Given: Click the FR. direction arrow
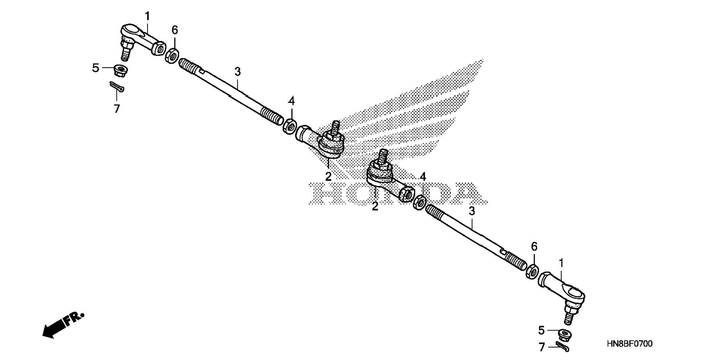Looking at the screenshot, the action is (x=62, y=324).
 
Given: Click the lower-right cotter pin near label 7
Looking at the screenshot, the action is (x=562, y=346).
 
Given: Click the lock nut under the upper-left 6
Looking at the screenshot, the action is (x=172, y=55).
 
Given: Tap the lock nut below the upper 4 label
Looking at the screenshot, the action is (x=290, y=126).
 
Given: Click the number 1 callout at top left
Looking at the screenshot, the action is (x=147, y=16).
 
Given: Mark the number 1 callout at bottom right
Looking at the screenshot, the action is (x=561, y=264).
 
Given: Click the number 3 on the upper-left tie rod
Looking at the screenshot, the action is (x=237, y=71).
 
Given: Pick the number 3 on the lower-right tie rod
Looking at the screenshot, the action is (x=472, y=211).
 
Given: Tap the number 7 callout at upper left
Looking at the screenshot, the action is (x=117, y=109).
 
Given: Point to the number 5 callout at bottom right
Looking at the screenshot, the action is (x=541, y=330).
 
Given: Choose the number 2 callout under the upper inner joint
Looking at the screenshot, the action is (x=328, y=177).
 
